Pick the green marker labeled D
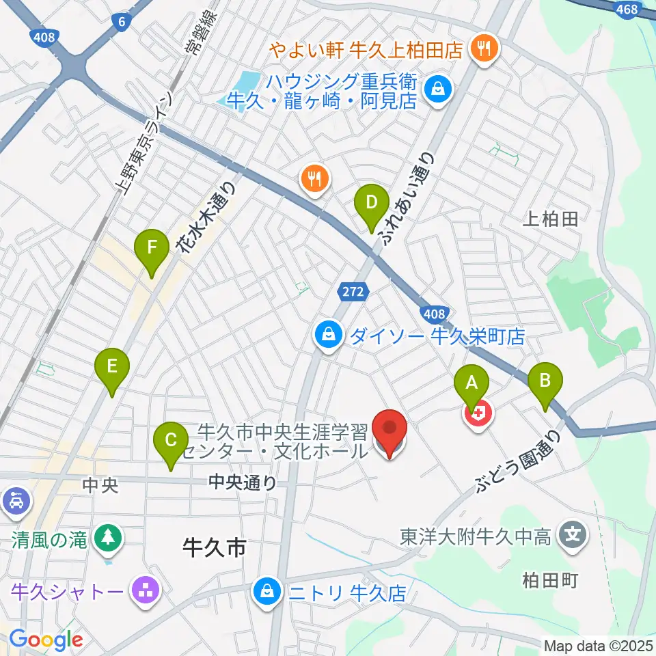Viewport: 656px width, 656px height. coord(371,204)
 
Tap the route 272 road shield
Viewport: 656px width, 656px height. coord(353,292)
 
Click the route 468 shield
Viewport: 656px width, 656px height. coord(627,10)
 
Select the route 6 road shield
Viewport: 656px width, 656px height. coord(122,22)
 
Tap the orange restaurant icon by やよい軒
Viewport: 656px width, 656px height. coord(486,49)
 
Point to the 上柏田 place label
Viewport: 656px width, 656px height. coord(550,219)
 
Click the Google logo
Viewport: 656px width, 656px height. coord(46,640)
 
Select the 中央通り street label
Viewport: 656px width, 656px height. coord(243,483)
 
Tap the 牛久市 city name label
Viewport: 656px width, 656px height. coord(214,547)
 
